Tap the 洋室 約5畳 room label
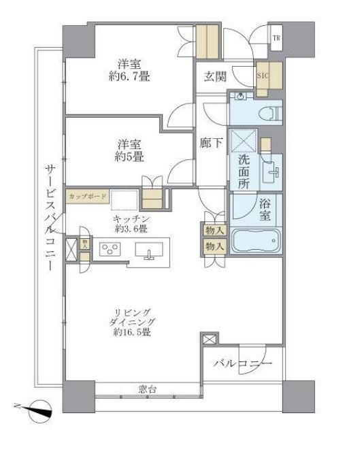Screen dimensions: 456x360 (128, 150)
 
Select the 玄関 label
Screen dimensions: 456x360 (216, 76)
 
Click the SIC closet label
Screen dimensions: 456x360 (263, 76)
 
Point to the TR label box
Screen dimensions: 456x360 (276, 38)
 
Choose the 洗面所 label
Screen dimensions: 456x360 (244, 173)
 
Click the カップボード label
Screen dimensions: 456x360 (87, 196)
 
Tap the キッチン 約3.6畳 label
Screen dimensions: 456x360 (127, 224)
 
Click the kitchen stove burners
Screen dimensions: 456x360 (109, 249)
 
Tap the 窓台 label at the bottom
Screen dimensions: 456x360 (148, 390)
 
